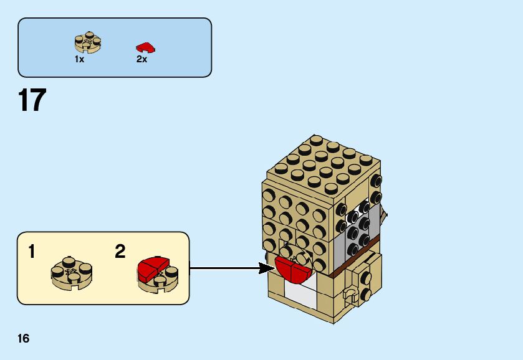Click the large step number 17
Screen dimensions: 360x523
click(x=32, y=100)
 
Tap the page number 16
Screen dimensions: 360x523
click(x=23, y=339)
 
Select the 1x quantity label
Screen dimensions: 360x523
click(x=79, y=59)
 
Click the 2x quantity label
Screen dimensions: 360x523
click(x=142, y=59)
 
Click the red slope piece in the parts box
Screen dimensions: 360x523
click(x=145, y=47)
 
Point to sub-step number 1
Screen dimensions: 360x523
click(x=32, y=252)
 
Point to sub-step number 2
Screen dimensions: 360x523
click(x=120, y=252)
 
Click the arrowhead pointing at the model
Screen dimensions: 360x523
click(x=267, y=269)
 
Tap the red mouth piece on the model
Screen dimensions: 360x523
click(x=292, y=268)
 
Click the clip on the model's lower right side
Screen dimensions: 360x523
click(x=352, y=295)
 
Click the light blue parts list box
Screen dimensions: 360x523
click(x=115, y=47)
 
